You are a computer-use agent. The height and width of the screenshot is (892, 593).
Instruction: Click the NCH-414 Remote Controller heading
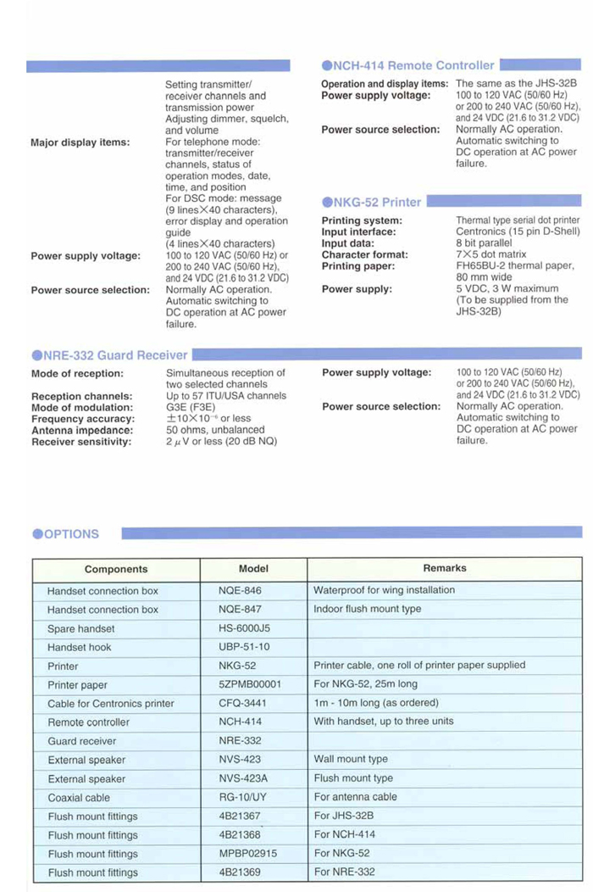pyautogui.click(x=408, y=65)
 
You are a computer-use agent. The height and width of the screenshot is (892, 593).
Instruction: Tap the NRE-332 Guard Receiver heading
pyautogui.click(x=109, y=355)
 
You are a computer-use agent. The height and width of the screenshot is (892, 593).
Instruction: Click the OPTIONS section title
pyautogui.click(x=66, y=534)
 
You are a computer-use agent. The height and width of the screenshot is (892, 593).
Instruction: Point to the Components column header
pyautogui.click(x=116, y=569)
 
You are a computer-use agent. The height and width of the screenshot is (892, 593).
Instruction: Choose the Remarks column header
pyautogui.click(x=445, y=568)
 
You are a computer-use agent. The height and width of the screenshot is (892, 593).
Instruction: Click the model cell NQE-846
pyautogui.click(x=241, y=590)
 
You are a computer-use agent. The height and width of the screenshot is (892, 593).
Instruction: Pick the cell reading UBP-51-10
pyautogui.click(x=242, y=647)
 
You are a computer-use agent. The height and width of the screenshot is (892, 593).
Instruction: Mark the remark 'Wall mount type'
pyautogui.click(x=351, y=760)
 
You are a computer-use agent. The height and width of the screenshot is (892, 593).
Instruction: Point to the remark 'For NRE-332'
pyautogui.click(x=344, y=872)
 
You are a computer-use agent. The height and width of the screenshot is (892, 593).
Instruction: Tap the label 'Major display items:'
pyautogui.click(x=80, y=142)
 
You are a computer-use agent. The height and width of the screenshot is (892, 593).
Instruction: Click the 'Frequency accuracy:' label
pyautogui.click(x=82, y=419)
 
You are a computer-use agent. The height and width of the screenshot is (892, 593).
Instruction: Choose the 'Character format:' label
pyautogui.click(x=364, y=254)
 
